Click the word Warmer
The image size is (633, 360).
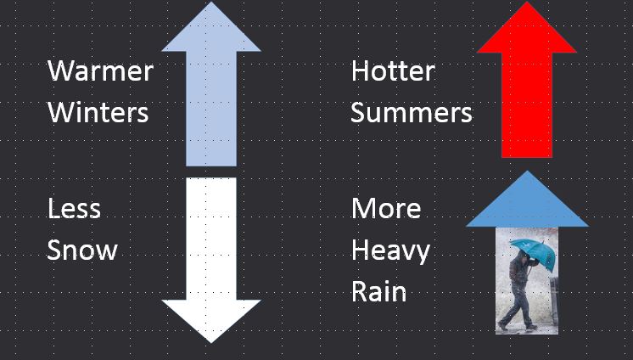(100, 70)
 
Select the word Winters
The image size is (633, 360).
(98, 112)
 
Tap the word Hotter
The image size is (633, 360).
(392, 70)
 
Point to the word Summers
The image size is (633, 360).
(411, 112)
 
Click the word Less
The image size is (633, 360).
(74, 209)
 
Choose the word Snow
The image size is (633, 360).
(82, 250)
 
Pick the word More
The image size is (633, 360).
(386, 209)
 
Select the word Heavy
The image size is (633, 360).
(390, 251)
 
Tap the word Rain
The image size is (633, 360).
(378, 292)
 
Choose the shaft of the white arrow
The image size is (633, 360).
(211, 238)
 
